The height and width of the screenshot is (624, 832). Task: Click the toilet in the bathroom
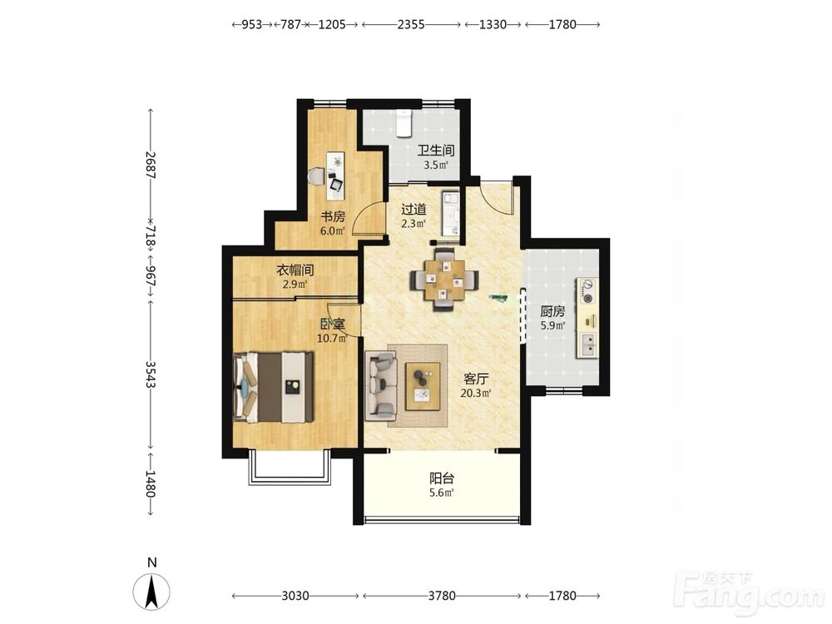[404, 124]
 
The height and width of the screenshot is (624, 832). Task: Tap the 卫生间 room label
[436, 151]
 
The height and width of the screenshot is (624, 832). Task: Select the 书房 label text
[333, 216]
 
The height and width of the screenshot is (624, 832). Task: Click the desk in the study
[335, 176]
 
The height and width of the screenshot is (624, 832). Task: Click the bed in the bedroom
[273, 388]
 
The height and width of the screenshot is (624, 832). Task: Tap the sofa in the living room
[381, 386]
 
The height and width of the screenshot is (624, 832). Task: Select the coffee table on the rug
[423, 386]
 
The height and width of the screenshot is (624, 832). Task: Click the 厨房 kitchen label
[552, 311]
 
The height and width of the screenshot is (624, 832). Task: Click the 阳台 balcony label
[442, 478]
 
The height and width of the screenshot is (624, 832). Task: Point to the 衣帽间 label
[295, 270]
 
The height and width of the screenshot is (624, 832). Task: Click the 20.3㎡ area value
[475, 394]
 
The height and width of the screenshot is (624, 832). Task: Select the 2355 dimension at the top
[411, 24]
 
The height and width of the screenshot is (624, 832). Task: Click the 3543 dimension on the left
[151, 374]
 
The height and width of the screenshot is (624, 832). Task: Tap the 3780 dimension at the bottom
[442, 596]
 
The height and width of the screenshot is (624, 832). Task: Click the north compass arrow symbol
[151, 592]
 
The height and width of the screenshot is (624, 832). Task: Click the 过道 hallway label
[414, 210]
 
